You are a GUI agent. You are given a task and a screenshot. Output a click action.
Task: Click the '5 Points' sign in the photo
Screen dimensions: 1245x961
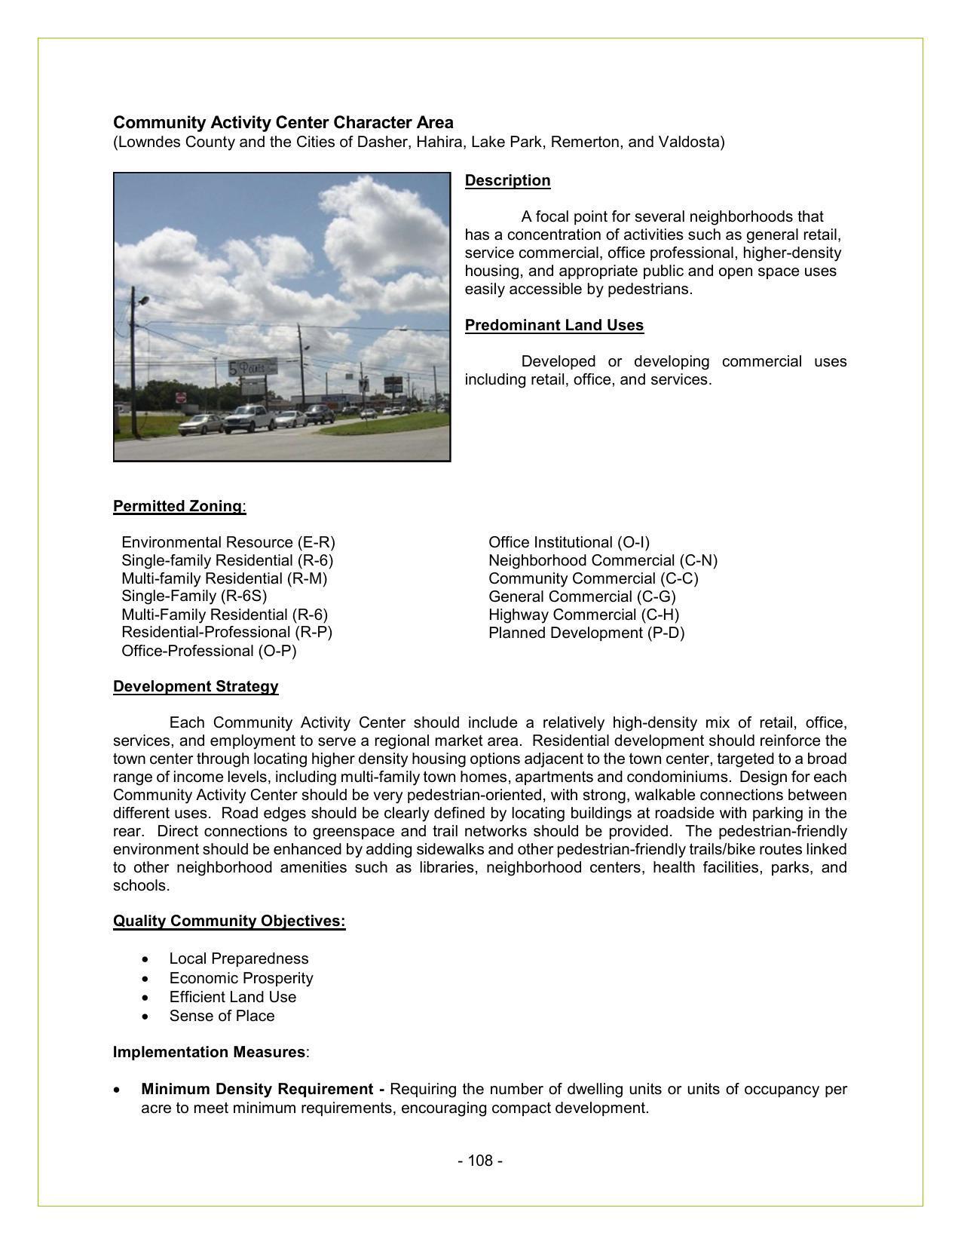click(x=251, y=366)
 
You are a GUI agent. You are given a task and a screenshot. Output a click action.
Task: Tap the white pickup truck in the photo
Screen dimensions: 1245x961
click(x=249, y=419)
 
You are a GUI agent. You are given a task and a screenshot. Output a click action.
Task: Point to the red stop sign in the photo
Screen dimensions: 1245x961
click(x=181, y=397)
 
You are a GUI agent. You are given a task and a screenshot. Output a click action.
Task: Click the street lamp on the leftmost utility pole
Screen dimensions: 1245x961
click(x=142, y=300)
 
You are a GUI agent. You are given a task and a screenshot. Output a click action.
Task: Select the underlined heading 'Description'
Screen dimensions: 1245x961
click(x=507, y=180)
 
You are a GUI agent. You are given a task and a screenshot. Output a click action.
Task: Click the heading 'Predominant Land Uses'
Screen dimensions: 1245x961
click(x=554, y=325)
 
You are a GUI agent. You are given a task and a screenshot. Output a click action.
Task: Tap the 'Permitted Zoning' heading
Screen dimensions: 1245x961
click(x=178, y=506)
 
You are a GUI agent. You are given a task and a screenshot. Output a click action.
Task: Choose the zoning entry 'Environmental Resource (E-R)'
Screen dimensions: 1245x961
click(x=228, y=542)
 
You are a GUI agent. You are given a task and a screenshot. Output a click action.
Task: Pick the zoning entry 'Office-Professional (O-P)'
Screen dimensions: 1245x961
click(x=209, y=651)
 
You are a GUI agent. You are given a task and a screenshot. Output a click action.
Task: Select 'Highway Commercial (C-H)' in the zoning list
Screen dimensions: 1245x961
click(x=583, y=615)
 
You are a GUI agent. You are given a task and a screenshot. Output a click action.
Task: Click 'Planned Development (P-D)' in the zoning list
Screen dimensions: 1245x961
click(x=586, y=633)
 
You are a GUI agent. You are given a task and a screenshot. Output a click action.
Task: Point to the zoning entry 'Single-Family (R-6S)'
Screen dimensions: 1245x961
click(x=194, y=596)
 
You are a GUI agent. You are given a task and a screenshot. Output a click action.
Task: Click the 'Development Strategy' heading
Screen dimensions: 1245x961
click(x=196, y=686)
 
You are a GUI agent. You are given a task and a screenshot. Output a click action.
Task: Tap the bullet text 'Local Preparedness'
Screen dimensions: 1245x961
click(x=239, y=958)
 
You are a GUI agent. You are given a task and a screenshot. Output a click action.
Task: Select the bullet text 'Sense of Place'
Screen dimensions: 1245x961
click(x=222, y=1016)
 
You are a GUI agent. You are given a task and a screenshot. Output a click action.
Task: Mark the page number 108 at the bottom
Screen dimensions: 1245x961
click(x=480, y=1161)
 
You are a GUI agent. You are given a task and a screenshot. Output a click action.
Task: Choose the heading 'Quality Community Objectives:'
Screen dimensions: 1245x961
click(x=229, y=921)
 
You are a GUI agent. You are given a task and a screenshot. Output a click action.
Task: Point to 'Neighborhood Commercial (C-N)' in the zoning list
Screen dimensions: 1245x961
click(x=603, y=560)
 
